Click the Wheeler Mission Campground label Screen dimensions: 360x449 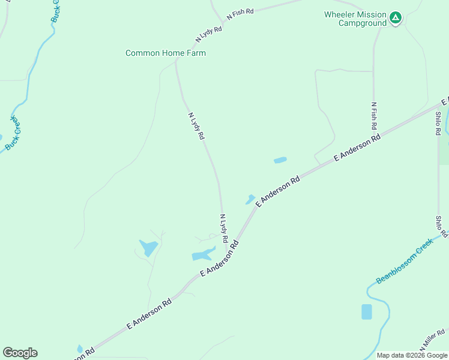pyautogui.click(x=354, y=19)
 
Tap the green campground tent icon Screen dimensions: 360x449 pyautogui.click(x=395, y=18)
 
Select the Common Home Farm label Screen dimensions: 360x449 pyautogui.click(x=166, y=53)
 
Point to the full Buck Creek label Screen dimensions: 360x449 pyautogui.click(x=13, y=134)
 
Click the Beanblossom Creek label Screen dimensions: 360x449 pyautogui.click(x=405, y=262)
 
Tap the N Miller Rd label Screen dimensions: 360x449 pyautogui.click(x=433, y=341)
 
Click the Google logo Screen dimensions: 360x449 pyautogui.click(x=20, y=353)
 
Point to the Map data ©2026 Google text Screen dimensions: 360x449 pyautogui.click(x=412, y=355)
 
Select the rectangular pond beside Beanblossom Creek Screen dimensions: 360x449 pyautogui.click(x=367, y=311)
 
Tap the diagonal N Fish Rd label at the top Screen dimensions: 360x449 pyautogui.click(x=240, y=13)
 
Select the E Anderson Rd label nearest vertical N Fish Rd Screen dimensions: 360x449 pyautogui.click(x=357, y=147)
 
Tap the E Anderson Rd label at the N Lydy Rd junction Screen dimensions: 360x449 pyautogui.click(x=220, y=259)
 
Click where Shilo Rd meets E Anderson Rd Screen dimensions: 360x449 pyautogui.click(x=439, y=106)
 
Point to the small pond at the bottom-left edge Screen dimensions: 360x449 pyautogui.click(x=80, y=349)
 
